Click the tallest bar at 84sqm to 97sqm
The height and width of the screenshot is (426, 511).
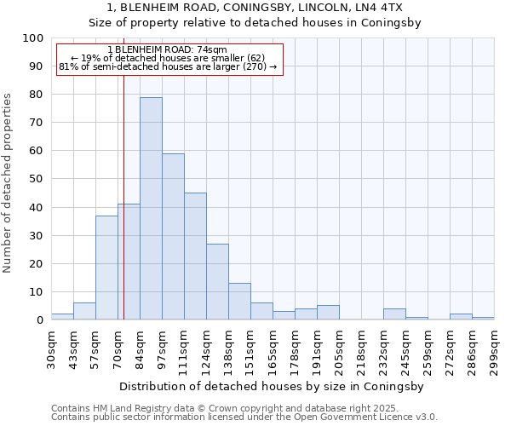[x=151, y=209]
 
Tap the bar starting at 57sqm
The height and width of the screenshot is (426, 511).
[x=106, y=268]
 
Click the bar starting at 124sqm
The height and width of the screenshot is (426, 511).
[x=217, y=282]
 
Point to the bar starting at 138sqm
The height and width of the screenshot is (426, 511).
[x=239, y=302]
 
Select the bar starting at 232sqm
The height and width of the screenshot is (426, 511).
[x=394, y=314]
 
